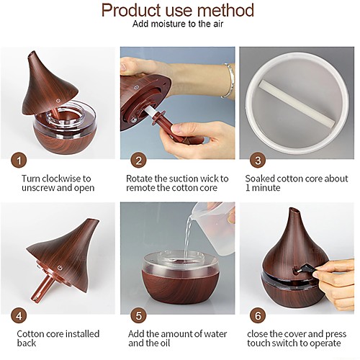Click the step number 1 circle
coord(19,161)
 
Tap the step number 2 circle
coord(138,161)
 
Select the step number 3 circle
coord(258,161)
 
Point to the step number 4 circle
coord(19,316)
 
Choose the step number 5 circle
coord(138,316)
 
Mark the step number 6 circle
coord(258,316)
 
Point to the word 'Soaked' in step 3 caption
coord(260,179)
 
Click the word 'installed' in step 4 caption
coord(83,334)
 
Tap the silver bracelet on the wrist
coord(228,81)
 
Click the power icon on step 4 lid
coord(60,268)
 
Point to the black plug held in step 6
coord(305,269)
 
